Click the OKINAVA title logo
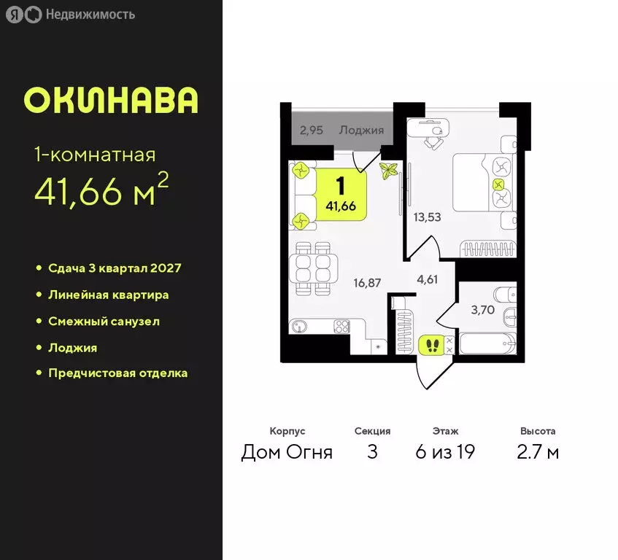tap(111, 101)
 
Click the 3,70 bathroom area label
tap(482, 310)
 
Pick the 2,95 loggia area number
tap(312, 131)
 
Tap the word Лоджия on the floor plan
tap(361, 131)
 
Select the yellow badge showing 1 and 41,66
tap(341, 193)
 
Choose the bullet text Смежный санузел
tap(104, 321)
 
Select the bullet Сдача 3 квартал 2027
tap(115, 268)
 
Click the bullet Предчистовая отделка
tap(117, 373)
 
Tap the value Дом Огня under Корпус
tap(287, 452)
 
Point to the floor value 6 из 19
tap(444, 452)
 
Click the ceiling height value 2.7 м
tap(538, 452)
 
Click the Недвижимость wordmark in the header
tap(90, 14)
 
